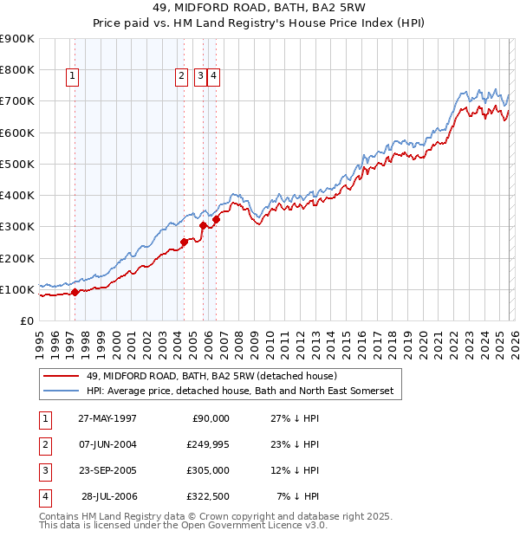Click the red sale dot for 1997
click(x=75, y=292)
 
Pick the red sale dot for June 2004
click(x=184, y=243)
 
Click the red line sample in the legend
click(x=62, y=376)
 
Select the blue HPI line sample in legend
click(x=62, y=391)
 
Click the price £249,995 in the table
click(x=205, y=444)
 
